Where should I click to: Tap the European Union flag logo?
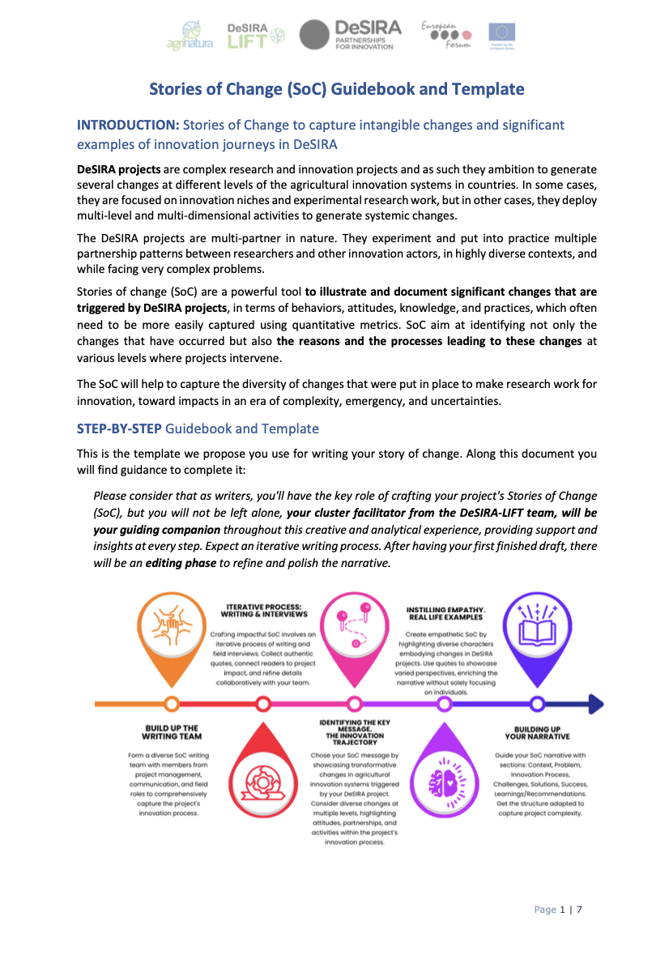tap(501, 35)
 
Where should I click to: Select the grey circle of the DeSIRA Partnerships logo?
tap(314, 36)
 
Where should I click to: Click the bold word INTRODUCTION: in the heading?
tap(127, 126)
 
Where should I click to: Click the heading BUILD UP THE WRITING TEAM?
tap(171, 732)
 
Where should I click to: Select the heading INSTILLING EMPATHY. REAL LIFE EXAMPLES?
tap(445, 611)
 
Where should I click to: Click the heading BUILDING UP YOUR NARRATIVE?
tap(537, 732)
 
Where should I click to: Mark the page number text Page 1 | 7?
tap(558, 910)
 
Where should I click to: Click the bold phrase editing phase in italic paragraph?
tap(181, 562)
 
